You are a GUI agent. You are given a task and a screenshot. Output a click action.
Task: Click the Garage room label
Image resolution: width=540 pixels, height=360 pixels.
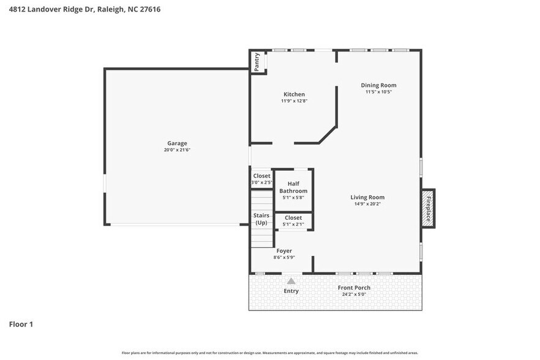(177, 143)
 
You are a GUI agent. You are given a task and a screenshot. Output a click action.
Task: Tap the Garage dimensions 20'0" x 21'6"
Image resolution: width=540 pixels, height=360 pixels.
(177, 150)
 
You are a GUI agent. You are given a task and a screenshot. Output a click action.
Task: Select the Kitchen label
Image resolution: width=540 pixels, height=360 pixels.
(294, 94)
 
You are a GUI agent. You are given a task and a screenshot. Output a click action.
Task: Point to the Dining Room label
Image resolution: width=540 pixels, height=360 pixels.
(378, 85)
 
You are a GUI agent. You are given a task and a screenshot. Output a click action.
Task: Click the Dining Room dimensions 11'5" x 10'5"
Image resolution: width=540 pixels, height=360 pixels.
(378, 92)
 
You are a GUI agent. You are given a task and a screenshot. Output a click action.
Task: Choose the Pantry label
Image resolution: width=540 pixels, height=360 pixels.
(257, 62)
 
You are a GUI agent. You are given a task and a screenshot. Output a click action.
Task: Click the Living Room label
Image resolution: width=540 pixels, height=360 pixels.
(367, 197)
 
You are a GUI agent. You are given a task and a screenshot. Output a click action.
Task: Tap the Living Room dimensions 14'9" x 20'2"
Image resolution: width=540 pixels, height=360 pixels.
(367, 204)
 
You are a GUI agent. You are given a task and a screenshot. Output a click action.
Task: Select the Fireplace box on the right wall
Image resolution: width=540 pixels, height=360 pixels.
(428, 208)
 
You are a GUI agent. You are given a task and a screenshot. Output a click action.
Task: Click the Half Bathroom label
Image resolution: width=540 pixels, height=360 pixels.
(293, 187)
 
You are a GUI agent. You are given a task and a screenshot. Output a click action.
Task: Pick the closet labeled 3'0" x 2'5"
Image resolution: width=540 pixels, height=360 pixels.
(261, 179)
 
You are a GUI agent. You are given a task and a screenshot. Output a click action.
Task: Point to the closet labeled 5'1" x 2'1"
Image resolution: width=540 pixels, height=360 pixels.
(293, 220)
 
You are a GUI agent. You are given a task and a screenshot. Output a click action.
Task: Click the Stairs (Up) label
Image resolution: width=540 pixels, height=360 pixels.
(261, 219)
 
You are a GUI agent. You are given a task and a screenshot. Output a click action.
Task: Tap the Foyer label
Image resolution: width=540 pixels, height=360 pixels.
(284, 251)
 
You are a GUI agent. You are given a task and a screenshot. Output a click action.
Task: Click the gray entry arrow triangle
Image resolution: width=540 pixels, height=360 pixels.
(291, 281)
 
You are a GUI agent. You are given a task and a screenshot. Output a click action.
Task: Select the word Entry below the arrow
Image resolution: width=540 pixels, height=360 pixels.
(291, 291)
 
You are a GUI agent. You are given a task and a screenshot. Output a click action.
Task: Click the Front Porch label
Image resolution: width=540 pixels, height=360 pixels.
(354, 288)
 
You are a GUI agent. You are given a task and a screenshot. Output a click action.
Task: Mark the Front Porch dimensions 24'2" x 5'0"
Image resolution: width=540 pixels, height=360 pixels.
(354, 294)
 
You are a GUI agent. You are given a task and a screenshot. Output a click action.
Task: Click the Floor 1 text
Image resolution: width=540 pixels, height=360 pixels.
(21, 324)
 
